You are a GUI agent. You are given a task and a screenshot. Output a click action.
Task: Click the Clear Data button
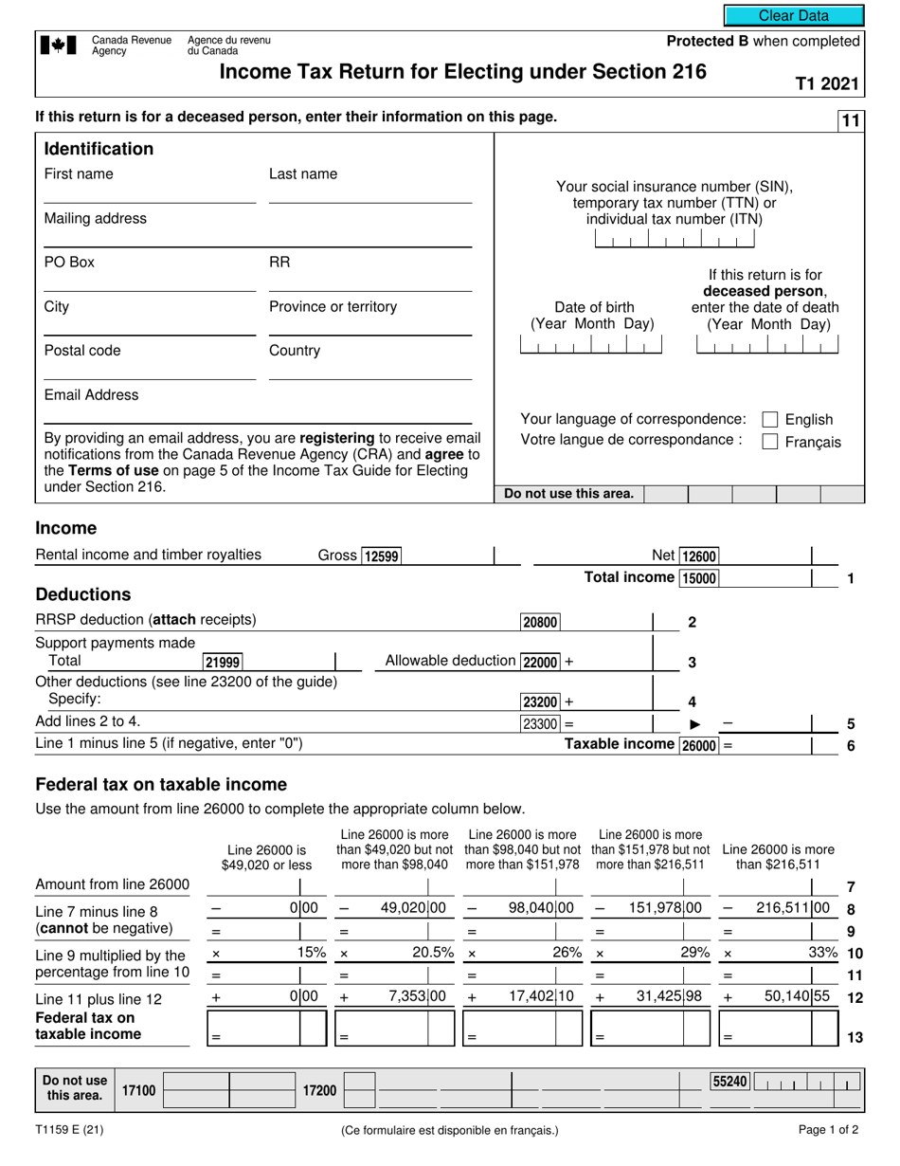coord(794,15)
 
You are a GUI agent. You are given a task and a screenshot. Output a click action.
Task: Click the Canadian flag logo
coord(59,46)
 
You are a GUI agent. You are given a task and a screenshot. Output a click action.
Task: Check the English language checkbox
coord(770,419)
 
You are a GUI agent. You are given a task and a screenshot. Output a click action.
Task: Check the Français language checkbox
coord(770,441)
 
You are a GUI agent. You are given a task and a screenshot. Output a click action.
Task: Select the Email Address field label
coord(91,394)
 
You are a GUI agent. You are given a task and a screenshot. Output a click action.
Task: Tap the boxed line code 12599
coord(382,556)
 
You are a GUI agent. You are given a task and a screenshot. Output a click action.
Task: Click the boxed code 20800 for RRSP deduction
coord(540,623)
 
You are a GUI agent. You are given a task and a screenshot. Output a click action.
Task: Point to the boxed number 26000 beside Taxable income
coord(699,746)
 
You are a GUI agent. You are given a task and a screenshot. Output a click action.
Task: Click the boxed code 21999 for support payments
coord(223,662)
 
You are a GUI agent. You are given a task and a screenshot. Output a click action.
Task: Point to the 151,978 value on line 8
coord(657,907)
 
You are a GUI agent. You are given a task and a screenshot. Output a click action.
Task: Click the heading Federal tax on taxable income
coord(160,784)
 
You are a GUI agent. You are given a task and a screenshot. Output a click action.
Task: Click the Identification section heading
coord(99,149)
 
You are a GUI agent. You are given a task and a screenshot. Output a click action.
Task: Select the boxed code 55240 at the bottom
coord(729,1080)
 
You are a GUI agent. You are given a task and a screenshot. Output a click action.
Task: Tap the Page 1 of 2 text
coord(828,1130)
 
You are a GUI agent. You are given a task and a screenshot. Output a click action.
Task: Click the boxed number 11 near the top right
coord(850,120)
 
